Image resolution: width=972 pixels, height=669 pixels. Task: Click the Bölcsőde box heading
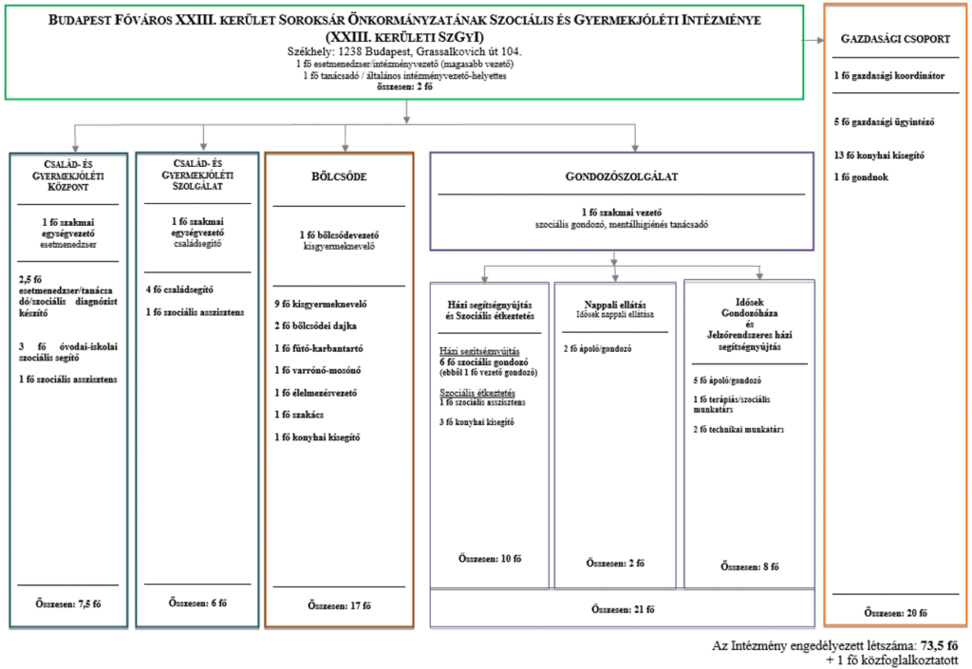pos(339,177)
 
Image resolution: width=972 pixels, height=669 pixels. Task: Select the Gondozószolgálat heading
pos(622,177)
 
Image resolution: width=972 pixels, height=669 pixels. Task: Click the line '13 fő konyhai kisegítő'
pos(879,155)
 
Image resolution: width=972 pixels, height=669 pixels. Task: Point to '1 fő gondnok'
pos(861,176)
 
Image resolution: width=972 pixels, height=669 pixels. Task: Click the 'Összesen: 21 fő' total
pos(622,606)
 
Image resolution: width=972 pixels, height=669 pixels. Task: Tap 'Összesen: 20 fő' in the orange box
pos(895,612)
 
